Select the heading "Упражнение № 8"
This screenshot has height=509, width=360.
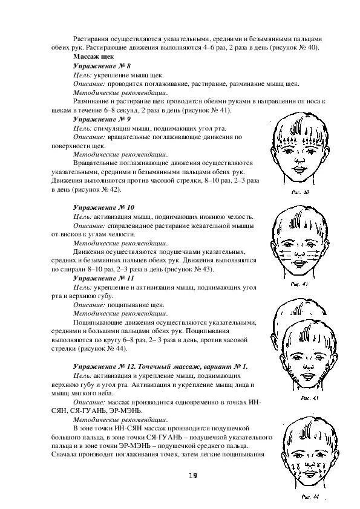coord(96,65)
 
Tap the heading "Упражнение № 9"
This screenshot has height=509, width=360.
coord(96,119)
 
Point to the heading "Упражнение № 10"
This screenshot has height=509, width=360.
coord(97,207)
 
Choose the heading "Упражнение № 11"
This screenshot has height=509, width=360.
coord(97,277)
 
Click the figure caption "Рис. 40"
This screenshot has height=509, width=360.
coord(301,192)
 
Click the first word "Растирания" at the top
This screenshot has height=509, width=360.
coord(94,38)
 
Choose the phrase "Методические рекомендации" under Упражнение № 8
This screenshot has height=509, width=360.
coord(120,92)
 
